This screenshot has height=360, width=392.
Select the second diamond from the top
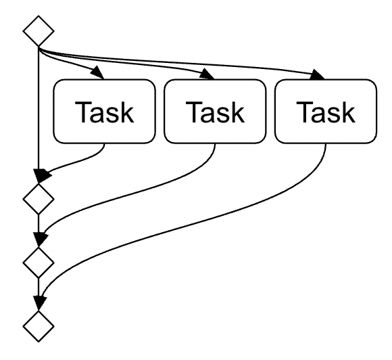click(38, 199)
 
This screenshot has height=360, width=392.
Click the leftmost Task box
click(104, 112)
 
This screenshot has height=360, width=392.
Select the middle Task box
click(215, 112)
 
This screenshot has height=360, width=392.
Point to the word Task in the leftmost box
click(104, 112)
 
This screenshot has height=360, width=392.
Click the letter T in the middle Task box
click(194, 112)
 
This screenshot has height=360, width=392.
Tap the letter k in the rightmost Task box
click(347, 112)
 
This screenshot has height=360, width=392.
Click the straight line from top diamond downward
click(39, 108)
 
